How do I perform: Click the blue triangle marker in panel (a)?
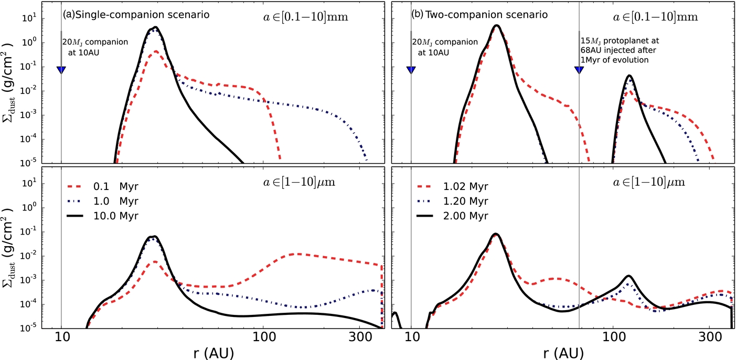[x=61, y=70]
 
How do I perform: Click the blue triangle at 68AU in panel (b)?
[x=579, y=70]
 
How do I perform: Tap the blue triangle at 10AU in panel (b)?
[x=411, y=70]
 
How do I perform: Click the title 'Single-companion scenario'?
[x=142, y=15]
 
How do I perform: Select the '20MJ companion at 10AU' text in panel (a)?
[x=95, y=46]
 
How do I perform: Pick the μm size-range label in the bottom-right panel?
[x=655, y=183]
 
